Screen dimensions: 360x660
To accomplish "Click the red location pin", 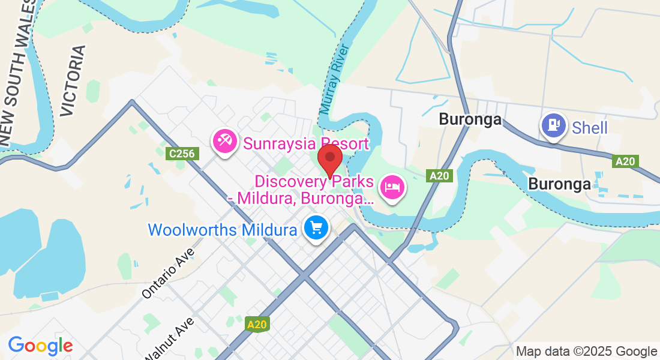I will pyautogui.click(x=329, y=158).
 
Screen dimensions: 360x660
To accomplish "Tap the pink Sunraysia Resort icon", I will pyautogui.click(x=225, y=142).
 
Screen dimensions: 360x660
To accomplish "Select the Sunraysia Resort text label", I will pyautogui.click(x=305, y=144).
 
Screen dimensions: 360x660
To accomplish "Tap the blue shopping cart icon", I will pyautogui.click(x=316, y=228).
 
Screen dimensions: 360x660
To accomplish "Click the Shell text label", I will pyautogui.click(x=590, y=128).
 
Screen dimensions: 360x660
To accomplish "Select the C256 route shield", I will pyautogui.click(x=182, y=154).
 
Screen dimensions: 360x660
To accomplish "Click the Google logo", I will pyautogui.click(x=40, y=346).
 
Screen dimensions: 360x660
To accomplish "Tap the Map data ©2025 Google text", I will pyautogui.click(x=587, y=351).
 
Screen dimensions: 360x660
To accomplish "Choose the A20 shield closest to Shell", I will pyautogui.click(x=625, y=161).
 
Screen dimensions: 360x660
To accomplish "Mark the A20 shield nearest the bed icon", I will pyautogui.click(x=439, y=176).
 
